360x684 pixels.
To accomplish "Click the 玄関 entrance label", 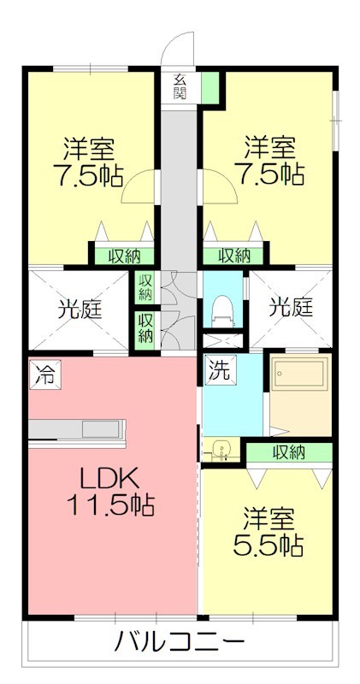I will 180,86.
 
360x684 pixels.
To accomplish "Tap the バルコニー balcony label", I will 180,642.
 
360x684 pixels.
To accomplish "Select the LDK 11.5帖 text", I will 109,491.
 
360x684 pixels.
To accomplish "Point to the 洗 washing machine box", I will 220,371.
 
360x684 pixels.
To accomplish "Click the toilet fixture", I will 223,309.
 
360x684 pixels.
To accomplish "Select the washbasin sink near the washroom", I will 222,448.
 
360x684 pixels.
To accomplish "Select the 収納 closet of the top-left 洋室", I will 123,255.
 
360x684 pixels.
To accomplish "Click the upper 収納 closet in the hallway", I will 145,286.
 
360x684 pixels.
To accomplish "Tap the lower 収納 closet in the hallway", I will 145,327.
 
